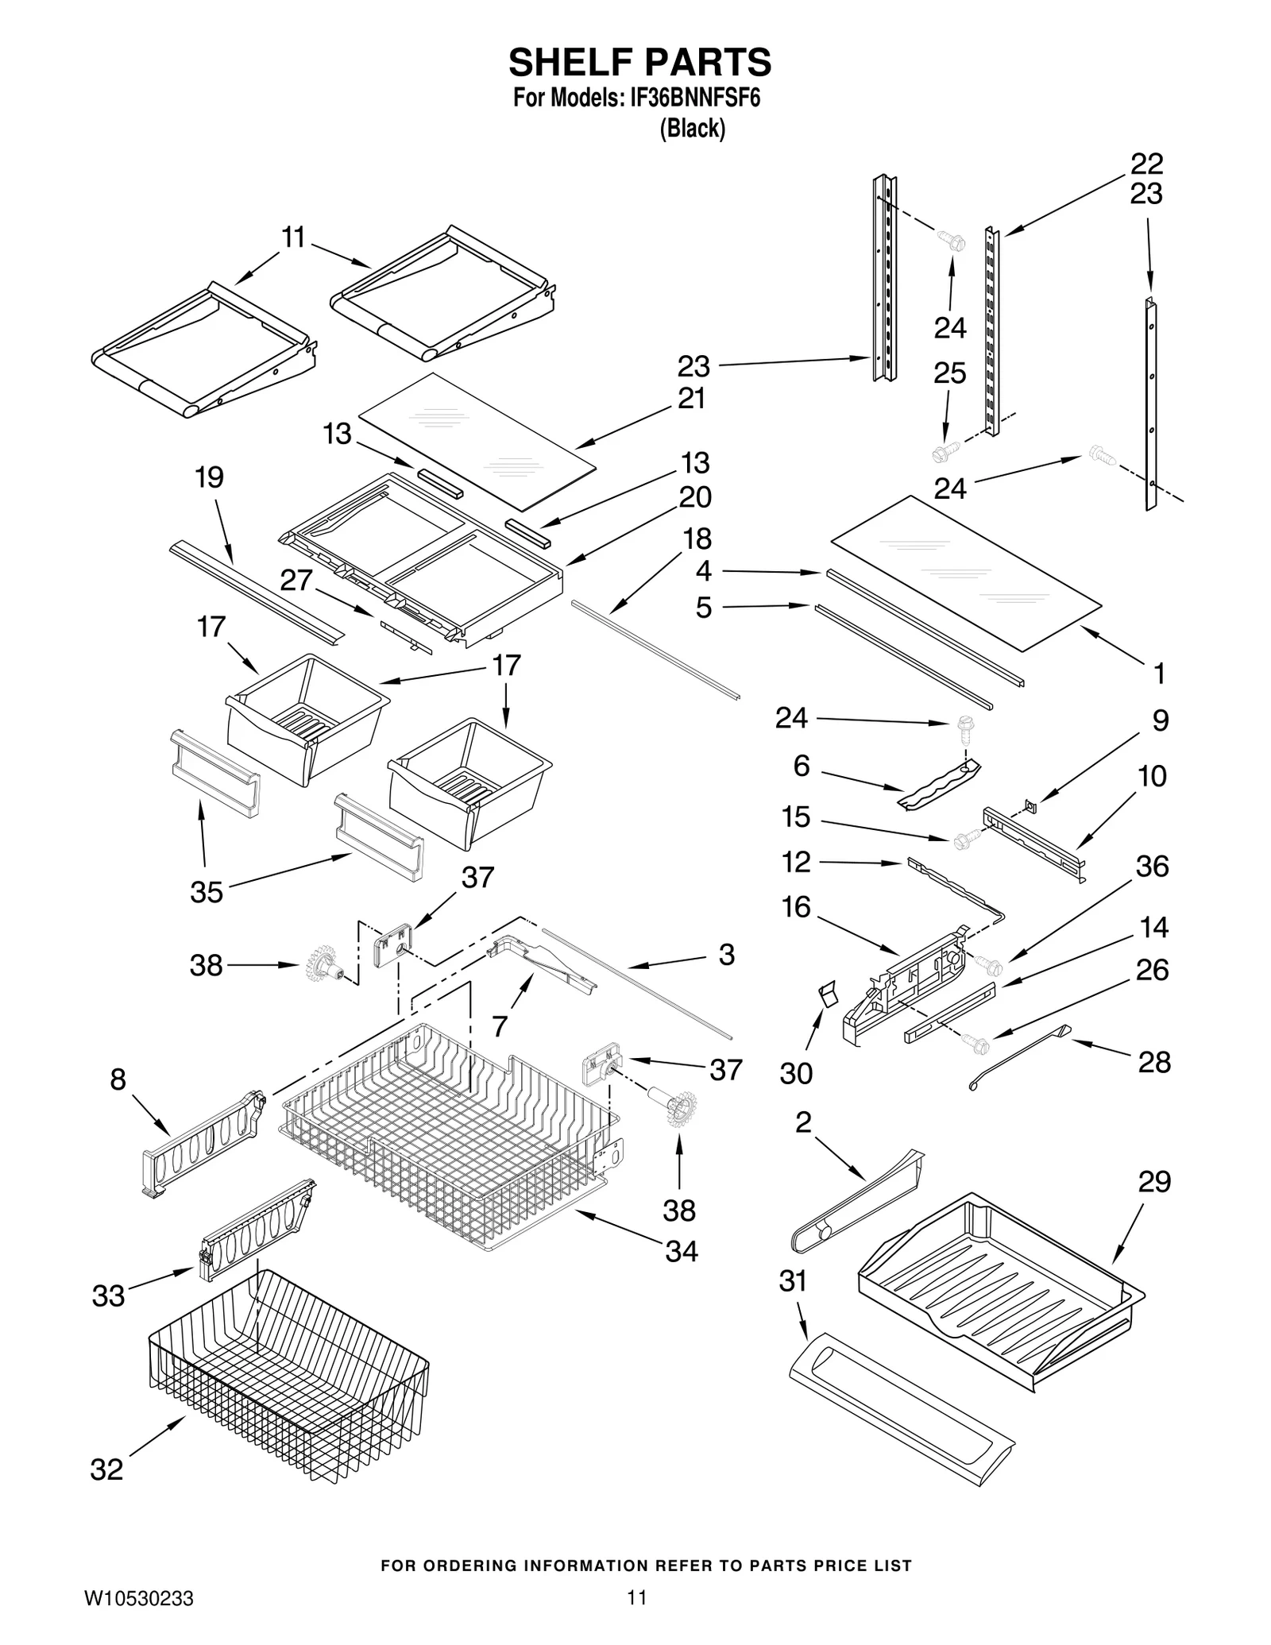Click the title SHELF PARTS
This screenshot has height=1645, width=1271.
[x=639, y=61]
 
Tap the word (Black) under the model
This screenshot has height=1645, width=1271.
[x=692, y=128]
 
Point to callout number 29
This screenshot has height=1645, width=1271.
[x=1154, y=1181]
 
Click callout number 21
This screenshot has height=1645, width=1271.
[x=692, y=398]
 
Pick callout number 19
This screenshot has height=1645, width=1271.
[x=210, y=477]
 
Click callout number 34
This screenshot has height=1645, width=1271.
[x=681, y=1251]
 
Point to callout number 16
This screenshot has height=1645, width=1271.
[x=796, y=906]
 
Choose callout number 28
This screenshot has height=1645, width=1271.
[x=1154, y=1061]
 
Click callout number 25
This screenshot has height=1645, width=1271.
[x=950, y=373]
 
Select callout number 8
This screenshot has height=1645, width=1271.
[x=118, y=1079]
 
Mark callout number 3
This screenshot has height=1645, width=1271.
[x=726, y=954]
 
